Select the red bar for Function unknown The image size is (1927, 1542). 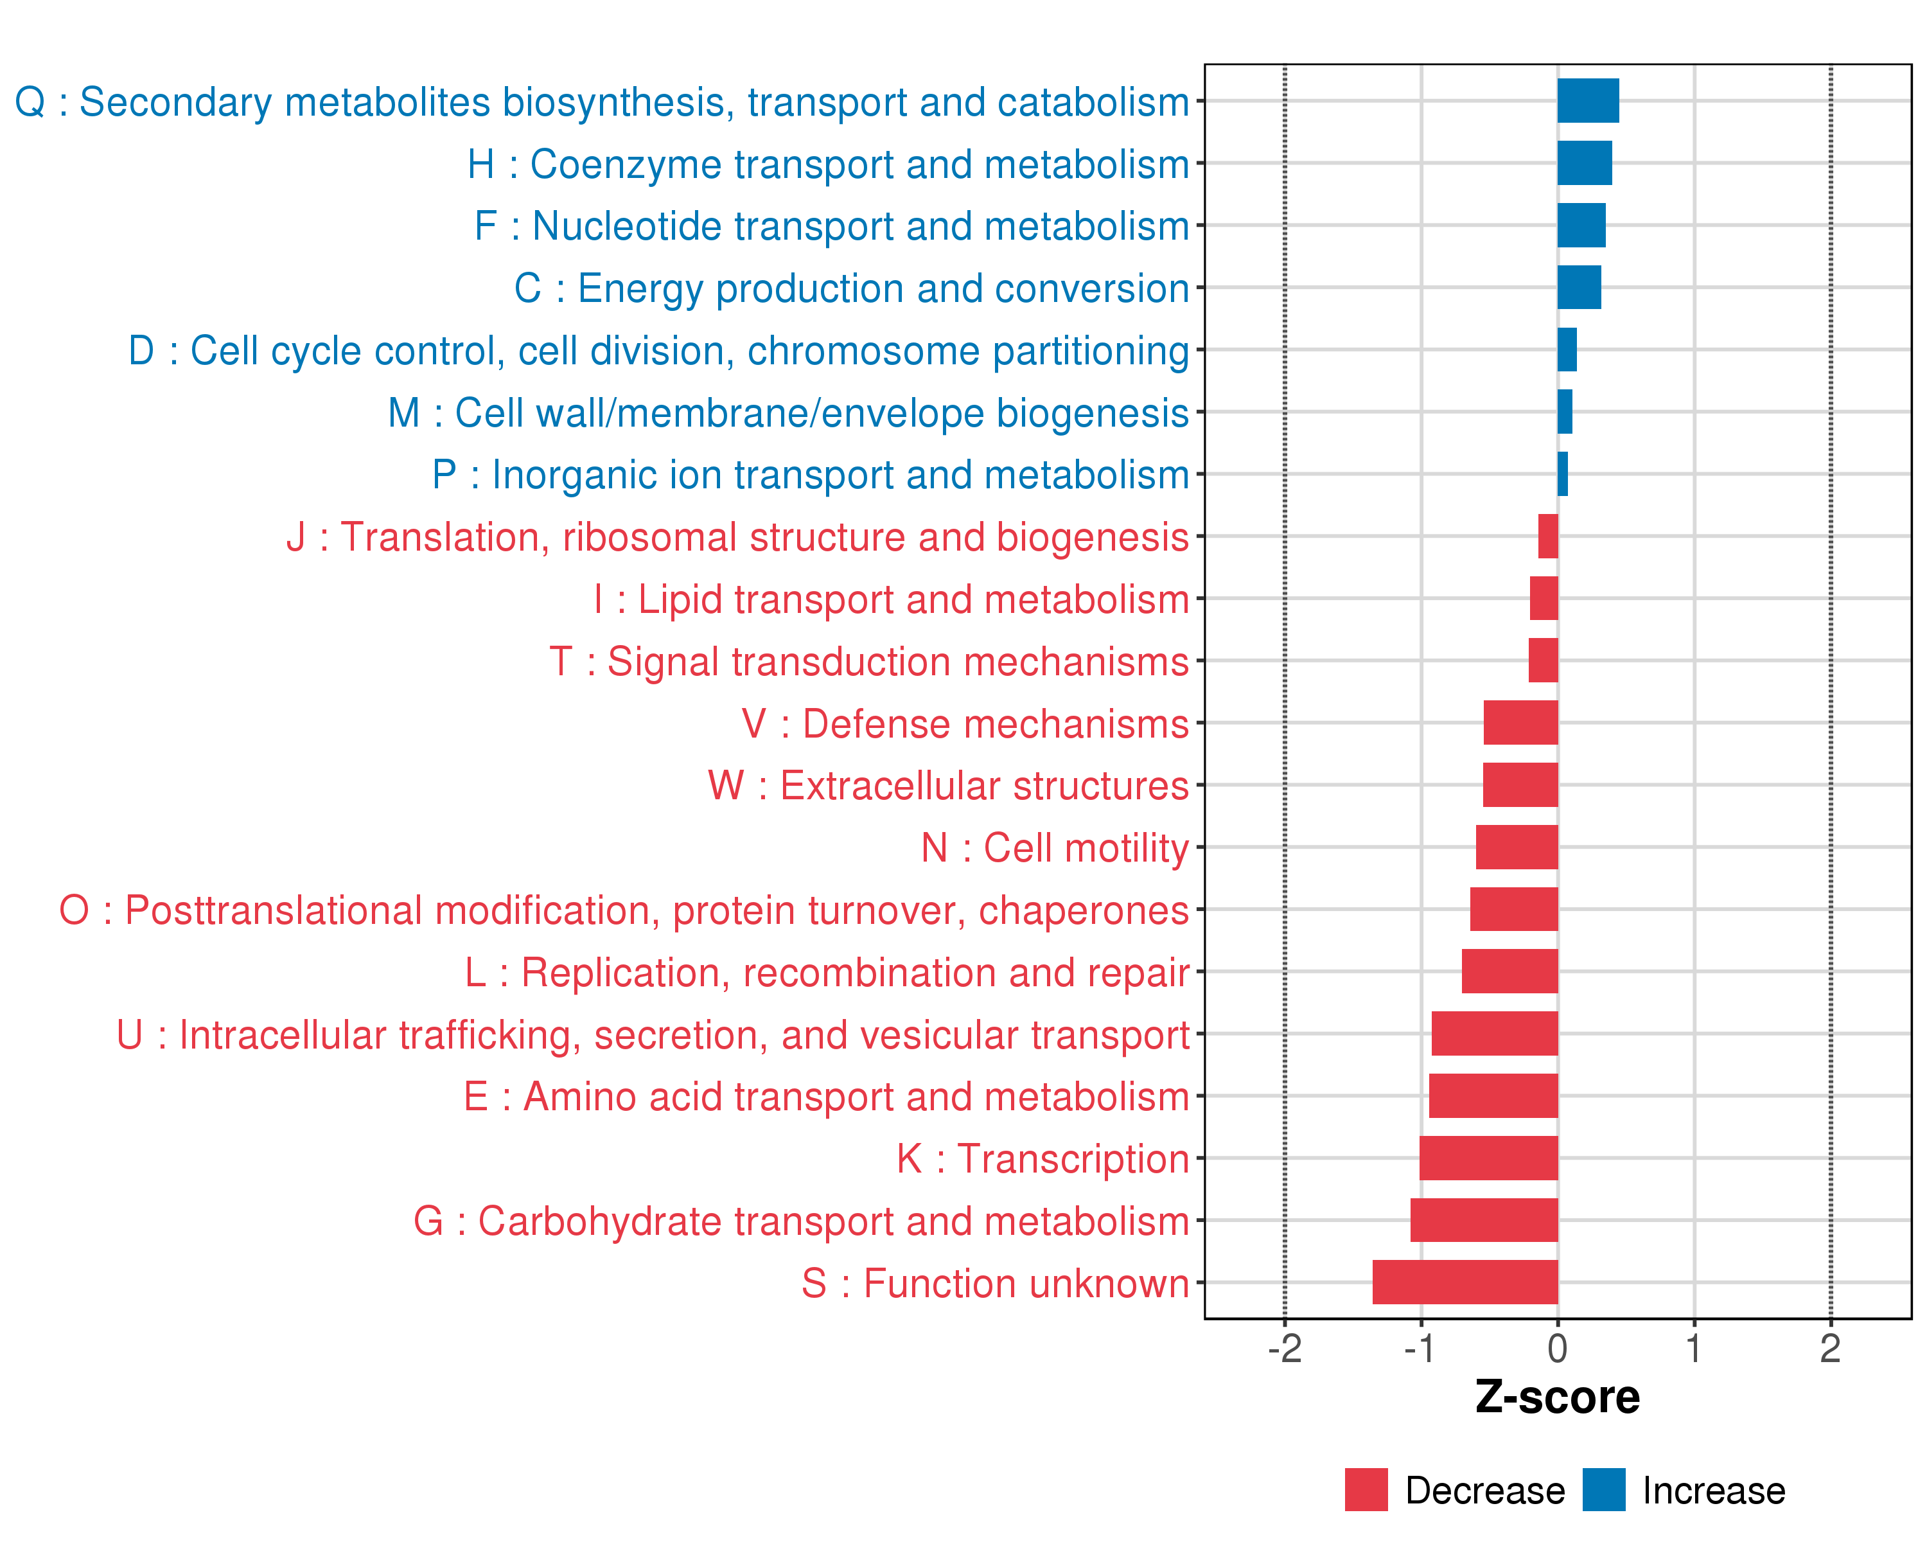point(1465,1282)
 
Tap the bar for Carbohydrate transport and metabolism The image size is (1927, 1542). point(1484,1220)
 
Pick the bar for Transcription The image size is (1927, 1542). point(1488,1158)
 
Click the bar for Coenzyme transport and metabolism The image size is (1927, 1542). point(1584,163)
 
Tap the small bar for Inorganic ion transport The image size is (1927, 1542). point(1562,474)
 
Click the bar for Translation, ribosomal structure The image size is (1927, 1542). point(1548,536)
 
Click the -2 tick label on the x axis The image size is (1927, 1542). point(1285,1349)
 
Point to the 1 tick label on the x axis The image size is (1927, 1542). point(1694,1349)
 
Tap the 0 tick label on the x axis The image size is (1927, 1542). point(1557,1349)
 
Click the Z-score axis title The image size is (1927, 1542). point(1557,1397)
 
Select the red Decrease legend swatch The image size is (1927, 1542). point(1366,1489)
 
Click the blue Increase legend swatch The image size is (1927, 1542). point(1603,1489)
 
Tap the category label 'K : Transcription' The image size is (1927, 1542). point(1042,1158)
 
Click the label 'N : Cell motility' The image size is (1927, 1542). point(1055,848)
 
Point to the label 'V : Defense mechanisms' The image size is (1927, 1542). point(965,724)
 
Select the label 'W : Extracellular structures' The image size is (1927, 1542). point(948,786)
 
